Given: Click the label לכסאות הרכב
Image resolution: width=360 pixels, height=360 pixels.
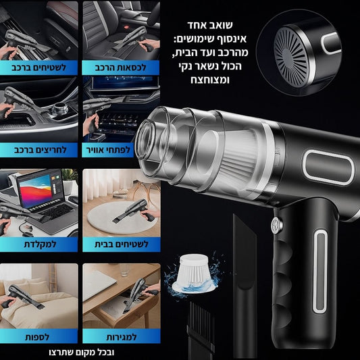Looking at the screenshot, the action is pos(120,68).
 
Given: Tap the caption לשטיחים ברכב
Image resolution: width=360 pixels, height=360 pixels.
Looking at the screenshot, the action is pos(38,68).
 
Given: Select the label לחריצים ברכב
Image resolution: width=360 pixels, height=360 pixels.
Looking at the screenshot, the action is pos(40,150).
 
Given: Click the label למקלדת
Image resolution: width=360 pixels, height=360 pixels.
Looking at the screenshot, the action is pos(40,244).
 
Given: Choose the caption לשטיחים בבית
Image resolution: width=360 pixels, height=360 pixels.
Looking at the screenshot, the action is pos(122,244).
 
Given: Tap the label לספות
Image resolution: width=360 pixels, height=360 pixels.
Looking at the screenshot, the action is pos(37,337).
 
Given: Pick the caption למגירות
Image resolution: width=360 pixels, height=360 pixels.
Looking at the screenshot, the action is pos(122,337).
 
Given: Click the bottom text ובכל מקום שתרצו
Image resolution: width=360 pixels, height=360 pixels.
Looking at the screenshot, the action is pos(82,352).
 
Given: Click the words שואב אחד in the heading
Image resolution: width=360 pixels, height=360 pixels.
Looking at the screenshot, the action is pos(210,25).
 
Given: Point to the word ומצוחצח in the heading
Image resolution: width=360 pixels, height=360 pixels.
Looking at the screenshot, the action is pos(210,80).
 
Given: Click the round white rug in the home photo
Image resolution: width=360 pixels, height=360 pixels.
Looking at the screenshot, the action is pos(122,217).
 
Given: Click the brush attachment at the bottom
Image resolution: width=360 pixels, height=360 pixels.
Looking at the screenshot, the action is pos(201,330).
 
